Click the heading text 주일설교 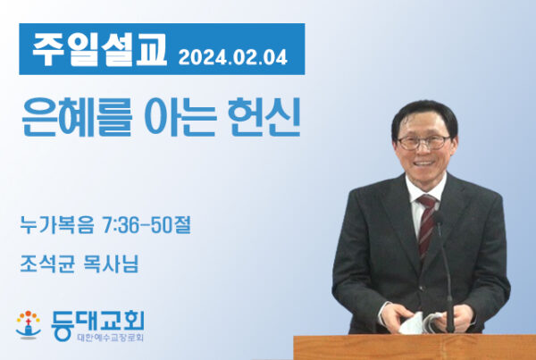(99, 50)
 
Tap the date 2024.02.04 (233, 57)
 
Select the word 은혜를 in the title (77, 117)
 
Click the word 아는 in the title (180, 117)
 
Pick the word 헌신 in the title (264, 117)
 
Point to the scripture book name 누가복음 (57, 224)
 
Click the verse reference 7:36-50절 (147, 224)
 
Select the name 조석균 (47, 264)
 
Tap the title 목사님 (111, 264)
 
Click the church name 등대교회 (97, 323)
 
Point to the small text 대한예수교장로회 (111, 338)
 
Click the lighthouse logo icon (29, 325)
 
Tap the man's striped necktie (427, 224)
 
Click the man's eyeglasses (423, 142)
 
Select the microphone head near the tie (438, 217)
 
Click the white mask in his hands (421, 322)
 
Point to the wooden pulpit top (415, 347)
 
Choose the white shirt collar (426, 188)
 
